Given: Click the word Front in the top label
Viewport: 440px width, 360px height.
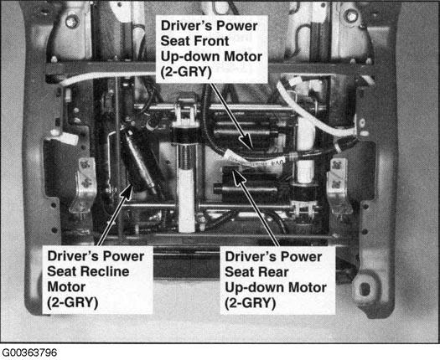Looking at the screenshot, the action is (x=211, y=41).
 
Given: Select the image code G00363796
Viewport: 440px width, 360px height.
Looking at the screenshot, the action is (x=29, y=352).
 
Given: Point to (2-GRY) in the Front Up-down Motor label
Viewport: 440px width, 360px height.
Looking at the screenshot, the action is (x=186, y=72).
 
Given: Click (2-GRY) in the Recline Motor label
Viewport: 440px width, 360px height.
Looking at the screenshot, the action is (x=73, y=302).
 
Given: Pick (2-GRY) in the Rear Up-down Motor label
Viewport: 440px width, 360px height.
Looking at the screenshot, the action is (x=251, y=303).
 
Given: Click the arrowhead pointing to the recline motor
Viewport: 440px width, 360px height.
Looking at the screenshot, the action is (x=128, y=192).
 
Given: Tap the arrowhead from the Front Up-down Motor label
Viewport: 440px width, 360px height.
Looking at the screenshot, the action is (x=246, y=141).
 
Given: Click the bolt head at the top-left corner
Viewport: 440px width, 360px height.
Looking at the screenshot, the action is (x=72, y=21).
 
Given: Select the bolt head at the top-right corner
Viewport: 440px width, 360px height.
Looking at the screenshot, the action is (x=351, y=17).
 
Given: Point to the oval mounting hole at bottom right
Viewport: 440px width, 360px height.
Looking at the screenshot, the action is (x=365, y=289).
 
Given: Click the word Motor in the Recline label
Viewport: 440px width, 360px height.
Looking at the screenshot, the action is (x=66, y=287).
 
